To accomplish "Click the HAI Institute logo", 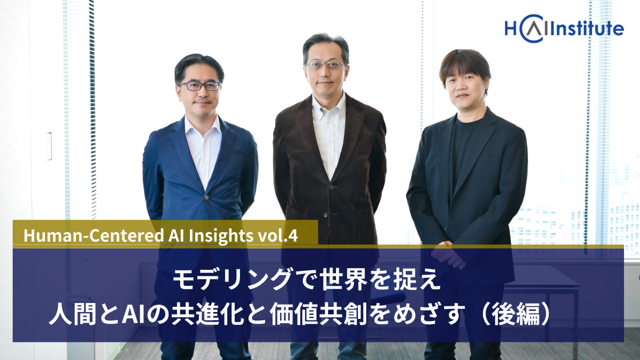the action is (564, 29).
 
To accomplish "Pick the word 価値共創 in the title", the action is (318, 314).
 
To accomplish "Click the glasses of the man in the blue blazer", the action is (200, 86).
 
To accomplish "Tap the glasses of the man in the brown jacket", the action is (325, 66).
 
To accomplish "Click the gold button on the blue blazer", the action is (206, 197).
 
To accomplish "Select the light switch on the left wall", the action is (49, 146).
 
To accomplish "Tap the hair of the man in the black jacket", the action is (465, 65).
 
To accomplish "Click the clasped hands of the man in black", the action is (449, 255).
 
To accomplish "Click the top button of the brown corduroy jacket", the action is (331, 187).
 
